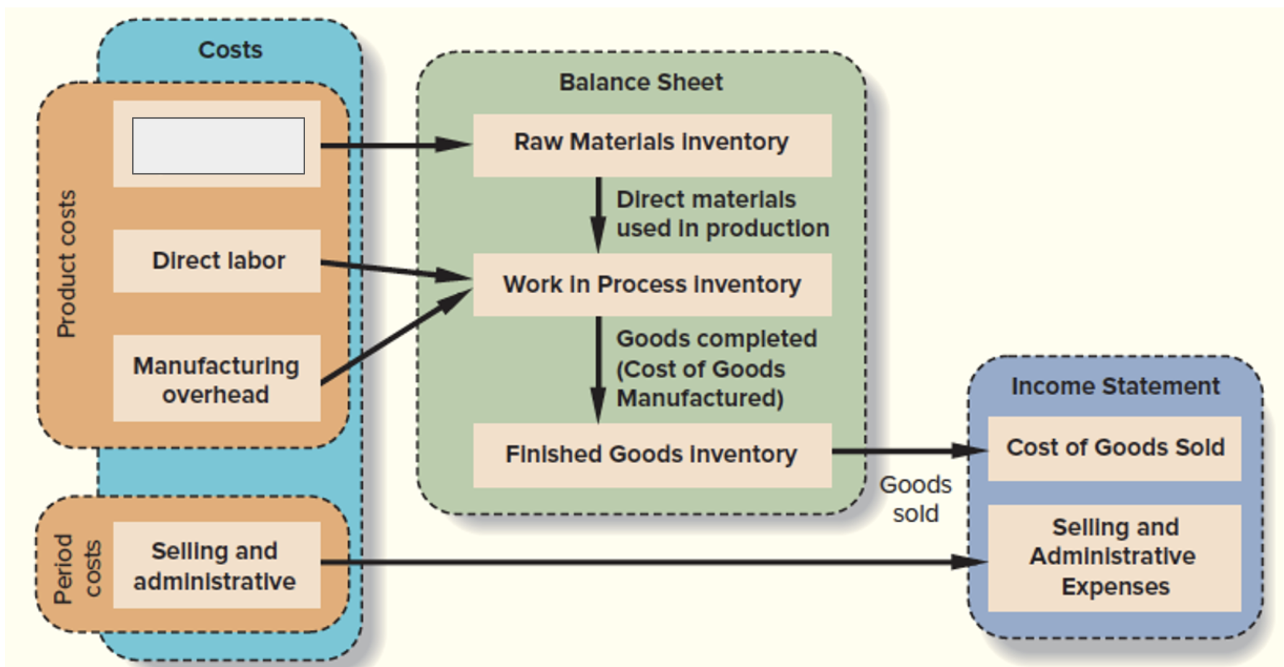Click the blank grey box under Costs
tap(218, 146)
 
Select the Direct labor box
tap(217, 261)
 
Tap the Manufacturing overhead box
tap(217, 379)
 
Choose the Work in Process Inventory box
tap(652, 284)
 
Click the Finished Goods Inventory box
tap(652, 455)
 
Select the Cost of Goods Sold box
tap(1114, 448)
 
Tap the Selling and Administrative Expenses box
tap(1114, 557)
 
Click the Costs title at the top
tap(230, 50)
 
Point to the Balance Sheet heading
tap(641, 82)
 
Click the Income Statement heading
tap(1115, 386)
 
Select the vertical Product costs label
tap(66, 264)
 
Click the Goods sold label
tap(916, 499)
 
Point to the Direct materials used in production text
tap(722, 214)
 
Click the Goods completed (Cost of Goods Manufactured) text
tap(716, 368)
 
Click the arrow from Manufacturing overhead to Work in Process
tap(397, 337)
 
